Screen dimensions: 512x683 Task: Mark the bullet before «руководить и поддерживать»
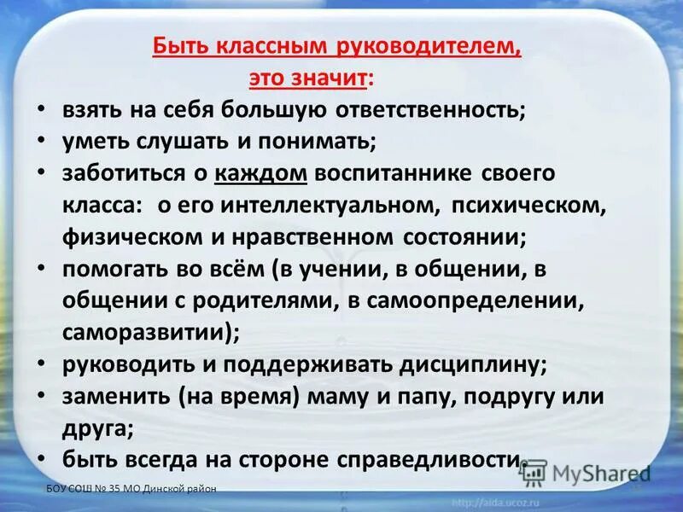point(42,363)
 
